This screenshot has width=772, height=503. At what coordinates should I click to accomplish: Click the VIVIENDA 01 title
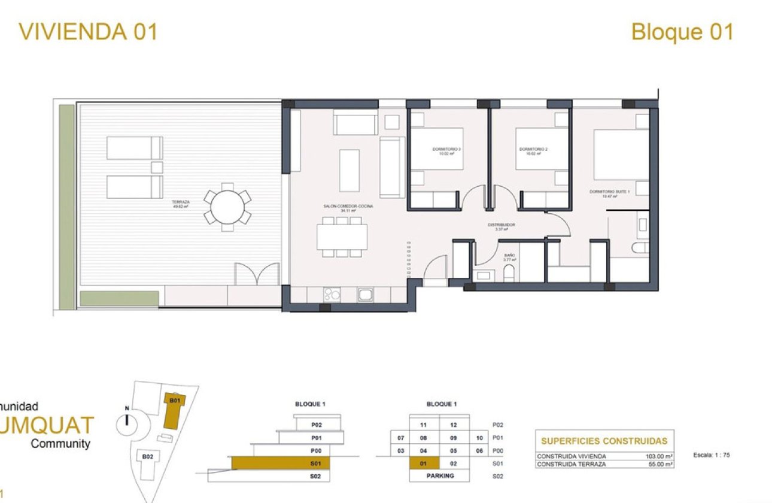[x=88, y=31]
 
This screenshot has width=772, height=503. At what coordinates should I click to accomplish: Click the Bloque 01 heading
[x=682, y=31]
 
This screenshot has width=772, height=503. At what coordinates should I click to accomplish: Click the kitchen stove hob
[x=331, y=294]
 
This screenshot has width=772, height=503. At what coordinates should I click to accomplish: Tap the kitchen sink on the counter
[x=365, y=294]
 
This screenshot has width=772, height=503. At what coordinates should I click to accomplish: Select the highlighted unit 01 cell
[x=424, y=463]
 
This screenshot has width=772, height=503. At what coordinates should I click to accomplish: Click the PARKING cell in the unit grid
[x=440, y=476]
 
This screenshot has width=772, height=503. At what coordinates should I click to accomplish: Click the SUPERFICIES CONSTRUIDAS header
[x=604, y=441]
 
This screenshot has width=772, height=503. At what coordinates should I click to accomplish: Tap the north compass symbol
[x=127, y=425]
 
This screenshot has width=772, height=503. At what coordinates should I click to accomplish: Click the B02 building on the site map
[x=147, y=457]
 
